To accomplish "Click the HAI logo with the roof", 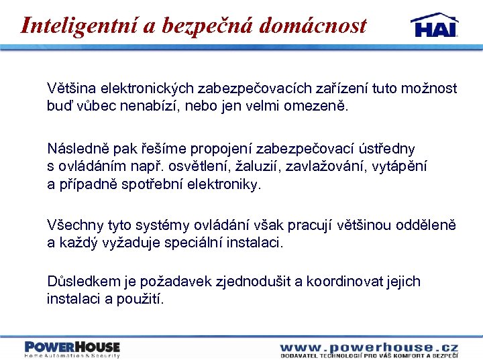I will tap(434, 25).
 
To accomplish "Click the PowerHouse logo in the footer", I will tap(72, 349).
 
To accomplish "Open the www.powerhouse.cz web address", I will tap(369, 347).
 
